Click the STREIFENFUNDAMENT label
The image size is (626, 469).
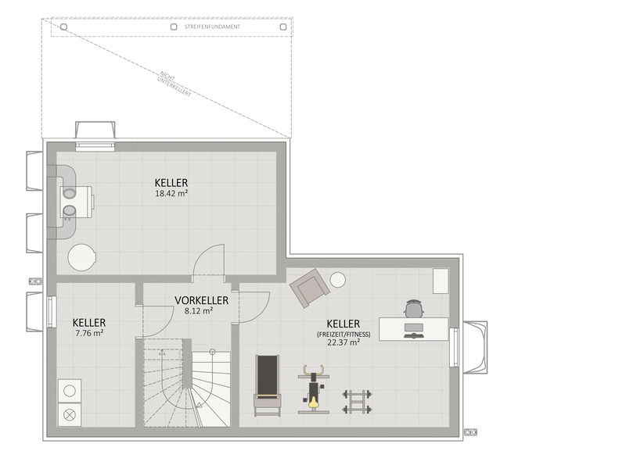tap(212, 27)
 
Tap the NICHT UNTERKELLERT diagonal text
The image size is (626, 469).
tap(175, 84)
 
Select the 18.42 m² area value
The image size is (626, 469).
tap(171, 194)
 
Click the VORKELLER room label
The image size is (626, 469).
tap(202, 300)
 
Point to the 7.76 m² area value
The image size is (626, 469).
tap(89, 333)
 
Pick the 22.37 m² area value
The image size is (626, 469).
tap(344, 342)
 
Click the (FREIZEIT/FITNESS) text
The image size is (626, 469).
tap(344, 335)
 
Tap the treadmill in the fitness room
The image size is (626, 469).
tap(268, 385)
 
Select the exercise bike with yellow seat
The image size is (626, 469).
tap(314, 389)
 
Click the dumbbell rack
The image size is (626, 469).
tap(357, 401)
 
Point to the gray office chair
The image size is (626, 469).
tap(414, 308)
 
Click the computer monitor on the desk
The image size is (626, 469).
tap(414, 328)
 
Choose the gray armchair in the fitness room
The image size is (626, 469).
tap(310, 288)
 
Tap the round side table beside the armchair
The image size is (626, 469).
tap(338, 281)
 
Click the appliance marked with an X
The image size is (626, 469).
tap(70, 415)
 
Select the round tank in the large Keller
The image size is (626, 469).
tap(82, 257)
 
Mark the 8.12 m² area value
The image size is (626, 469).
tap(199, 310)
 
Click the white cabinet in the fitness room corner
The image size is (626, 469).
tap(441, 281)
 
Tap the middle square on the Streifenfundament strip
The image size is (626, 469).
tap(174, 27)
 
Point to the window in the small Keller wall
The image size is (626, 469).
tap(52, 311)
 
